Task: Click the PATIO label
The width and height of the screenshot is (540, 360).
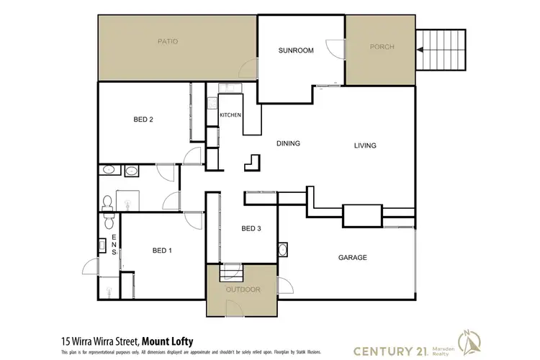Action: [168, 42]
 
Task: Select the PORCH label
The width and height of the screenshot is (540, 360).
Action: [382, 48]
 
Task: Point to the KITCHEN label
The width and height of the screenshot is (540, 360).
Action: [230, 114]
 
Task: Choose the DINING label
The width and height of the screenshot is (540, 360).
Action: [288, 143]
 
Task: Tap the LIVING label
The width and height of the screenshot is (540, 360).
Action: [365, 145]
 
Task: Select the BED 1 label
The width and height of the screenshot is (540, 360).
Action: [162, 251]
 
